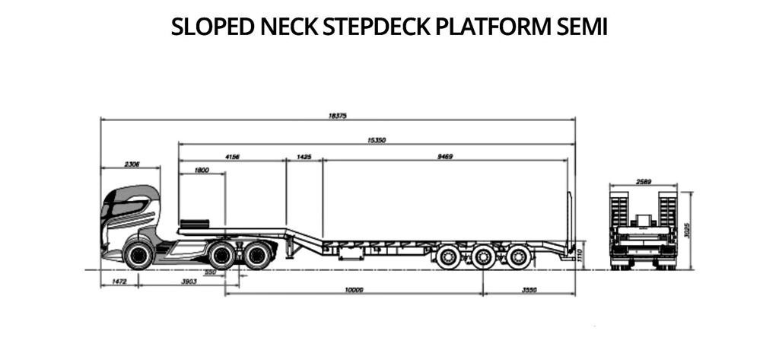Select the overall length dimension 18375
click(x=338, y=116)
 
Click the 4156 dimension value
click(x=232, y=157)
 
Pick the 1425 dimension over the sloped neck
click(x=304, y=157)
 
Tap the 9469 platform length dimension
click(x=445, y=157)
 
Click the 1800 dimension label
click(x=202, y=170)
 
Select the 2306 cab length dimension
click(x=131, y=164)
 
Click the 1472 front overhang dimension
click(x=119, y=282)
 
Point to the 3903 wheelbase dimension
click(x=188, y=282)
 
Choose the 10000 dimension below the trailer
click(x=354, y=290)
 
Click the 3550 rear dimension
click(x=529, y=290)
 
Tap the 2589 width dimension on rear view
click(x=643, y=181)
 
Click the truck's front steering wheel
click(x=138, y=255)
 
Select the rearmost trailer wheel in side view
click(x=519, y=256)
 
